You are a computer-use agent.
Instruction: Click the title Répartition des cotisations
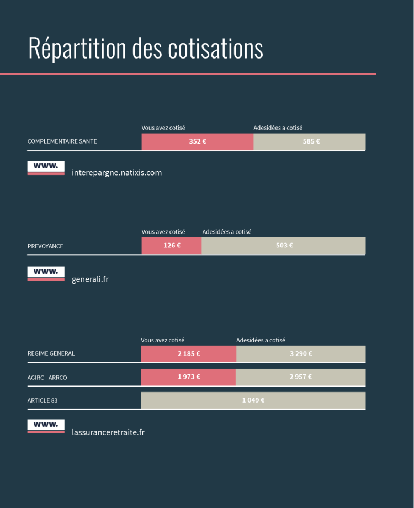click(x=145, y=49)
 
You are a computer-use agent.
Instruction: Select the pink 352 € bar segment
click(x=197, y=141)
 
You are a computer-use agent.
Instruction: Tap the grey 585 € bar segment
click(x=310, y=141)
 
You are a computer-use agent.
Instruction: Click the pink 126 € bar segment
click(x=172, y=246)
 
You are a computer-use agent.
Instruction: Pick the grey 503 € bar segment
click(x=284, y=246)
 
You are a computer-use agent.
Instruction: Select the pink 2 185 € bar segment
click(x=188, y=354)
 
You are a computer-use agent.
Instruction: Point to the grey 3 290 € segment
click(x=301, y=354)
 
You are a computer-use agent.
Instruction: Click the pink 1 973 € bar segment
click(x=188, y=377)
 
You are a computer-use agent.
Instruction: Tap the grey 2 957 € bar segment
click(x=301, y=377)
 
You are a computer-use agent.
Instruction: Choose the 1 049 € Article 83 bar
click(x=253, y=400)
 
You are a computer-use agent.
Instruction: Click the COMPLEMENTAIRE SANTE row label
click(x=62, y=141)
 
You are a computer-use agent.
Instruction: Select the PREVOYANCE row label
click(x=45, y=246)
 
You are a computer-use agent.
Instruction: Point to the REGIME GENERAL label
click(x=51, y=353)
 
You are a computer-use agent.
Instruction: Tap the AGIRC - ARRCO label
click(x=47, y=378)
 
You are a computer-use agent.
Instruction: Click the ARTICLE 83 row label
click(x=43, y=400)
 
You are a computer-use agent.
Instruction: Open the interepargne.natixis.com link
click(x=116, y=173)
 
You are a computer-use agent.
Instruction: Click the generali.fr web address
click(x=90, y=279)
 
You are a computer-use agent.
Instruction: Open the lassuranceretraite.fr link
click(x=108, y=432)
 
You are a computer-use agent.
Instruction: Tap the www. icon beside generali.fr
click(x=46, y=273)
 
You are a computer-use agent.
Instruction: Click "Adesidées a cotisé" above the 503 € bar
click(x=226, y=232)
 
